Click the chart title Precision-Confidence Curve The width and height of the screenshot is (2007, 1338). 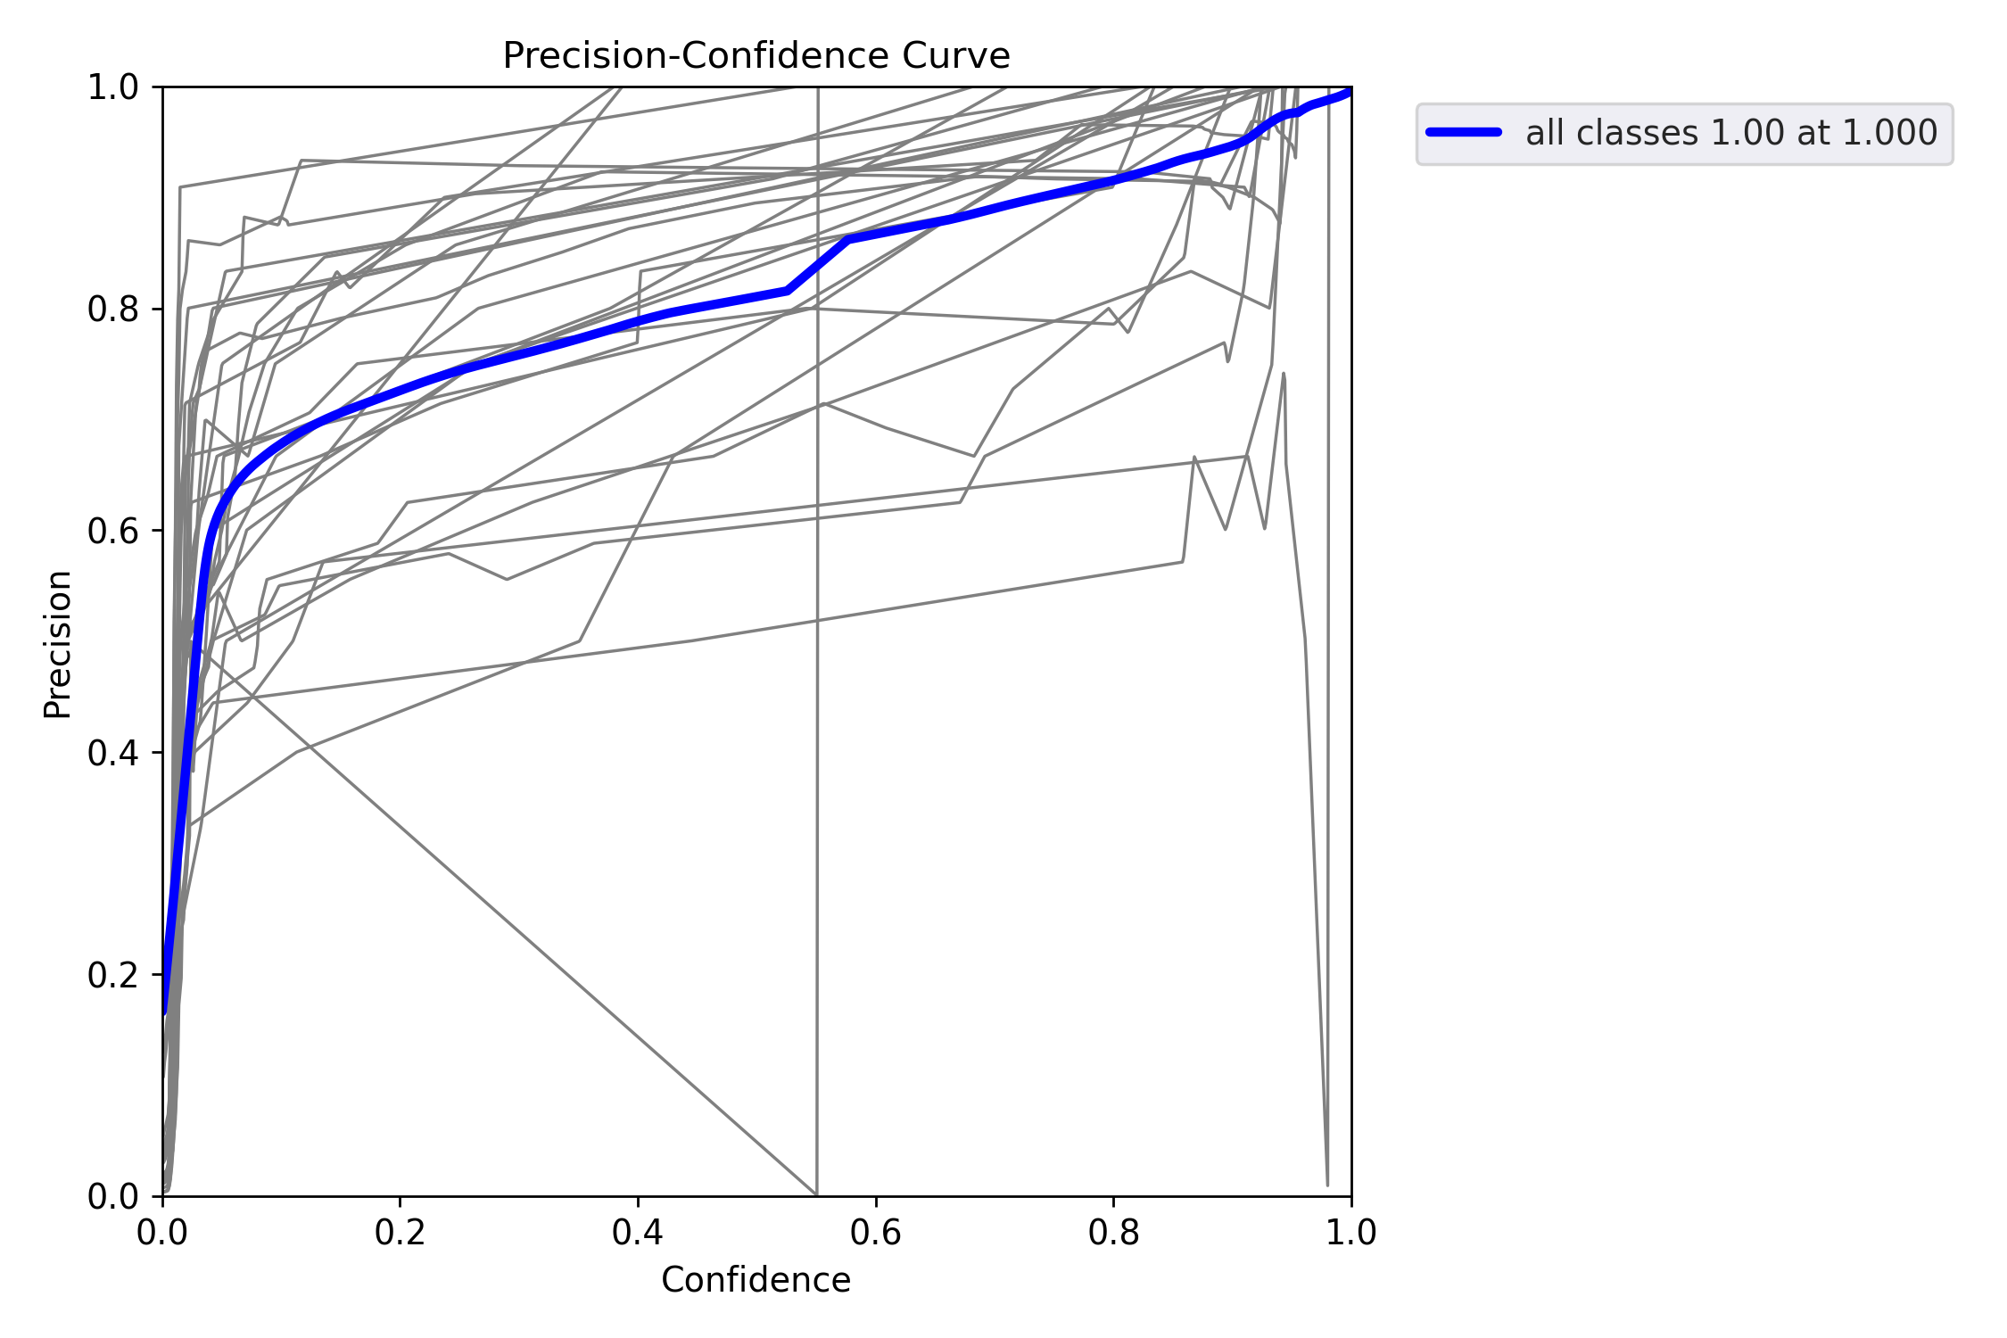click(756, 55)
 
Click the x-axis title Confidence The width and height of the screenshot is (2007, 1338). click(756, 1280)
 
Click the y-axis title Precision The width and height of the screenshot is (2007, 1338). click(58, 644)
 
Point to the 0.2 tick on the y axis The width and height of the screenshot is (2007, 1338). click(113, 975)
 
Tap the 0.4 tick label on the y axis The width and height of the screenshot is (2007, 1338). click(113, 753)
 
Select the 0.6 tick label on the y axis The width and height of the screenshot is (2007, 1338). click(113, 531)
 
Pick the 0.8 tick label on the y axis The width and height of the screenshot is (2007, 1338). click(113, 309)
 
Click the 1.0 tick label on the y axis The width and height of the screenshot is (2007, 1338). click(113, 87)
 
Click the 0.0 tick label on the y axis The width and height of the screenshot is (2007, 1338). click(113, 1196)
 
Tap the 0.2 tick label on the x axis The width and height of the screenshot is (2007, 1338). click(400, 1232)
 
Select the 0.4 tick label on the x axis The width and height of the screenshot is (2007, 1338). click(638, 1232)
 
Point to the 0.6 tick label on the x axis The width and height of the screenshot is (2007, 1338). click(875, 1232)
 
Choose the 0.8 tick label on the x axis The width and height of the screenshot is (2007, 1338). click(1113, 1232)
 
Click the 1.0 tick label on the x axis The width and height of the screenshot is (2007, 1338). click(1350, 1232)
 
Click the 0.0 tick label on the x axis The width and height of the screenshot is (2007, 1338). click(162, 1232)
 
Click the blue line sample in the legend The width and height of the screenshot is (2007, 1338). click(1464, 132)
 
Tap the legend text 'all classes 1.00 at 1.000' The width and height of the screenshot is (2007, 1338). click(1730, 133)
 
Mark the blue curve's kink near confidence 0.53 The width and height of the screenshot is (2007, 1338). click(788, 290)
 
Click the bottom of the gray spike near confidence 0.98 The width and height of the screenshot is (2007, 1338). click(1327, 1185)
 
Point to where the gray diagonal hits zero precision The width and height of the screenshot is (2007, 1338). click(816, 1194)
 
